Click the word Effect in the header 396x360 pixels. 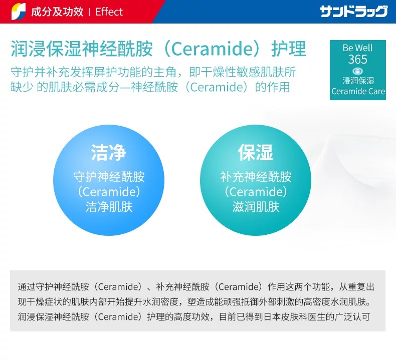pos(109,12)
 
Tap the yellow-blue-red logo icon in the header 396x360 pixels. pos(19,12)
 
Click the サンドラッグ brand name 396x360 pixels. pos(353,12)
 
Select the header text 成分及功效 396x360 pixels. pos(57,12)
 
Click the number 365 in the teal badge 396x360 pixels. pos(357,59)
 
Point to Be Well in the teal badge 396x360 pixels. pos(357,48)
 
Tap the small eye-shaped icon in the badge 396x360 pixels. pos(357,71)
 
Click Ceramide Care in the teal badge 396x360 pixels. pos(358,91)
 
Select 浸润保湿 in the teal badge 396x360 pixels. pos(358,81)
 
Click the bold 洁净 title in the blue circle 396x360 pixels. pos(109,152)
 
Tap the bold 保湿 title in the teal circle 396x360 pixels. pos(255,152)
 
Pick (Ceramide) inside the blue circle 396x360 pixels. pos(109,192)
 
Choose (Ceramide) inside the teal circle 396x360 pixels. pos(256,192)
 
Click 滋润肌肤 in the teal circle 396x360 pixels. pos(256,207)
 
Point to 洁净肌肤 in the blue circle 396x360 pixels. pos(109,207)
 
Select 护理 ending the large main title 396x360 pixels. pos(289,49)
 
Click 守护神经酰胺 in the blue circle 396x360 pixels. pos(109,177)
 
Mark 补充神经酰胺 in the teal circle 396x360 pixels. pos(256,177)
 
